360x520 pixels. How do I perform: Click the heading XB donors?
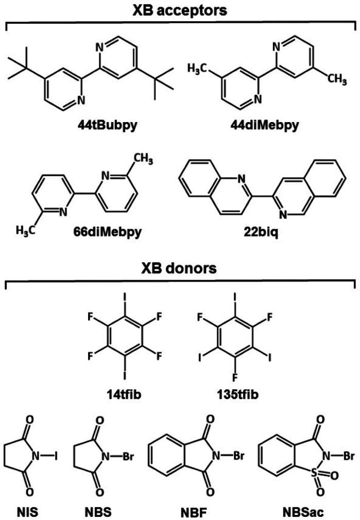point(180,270)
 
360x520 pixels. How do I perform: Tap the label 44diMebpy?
point(264,125)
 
